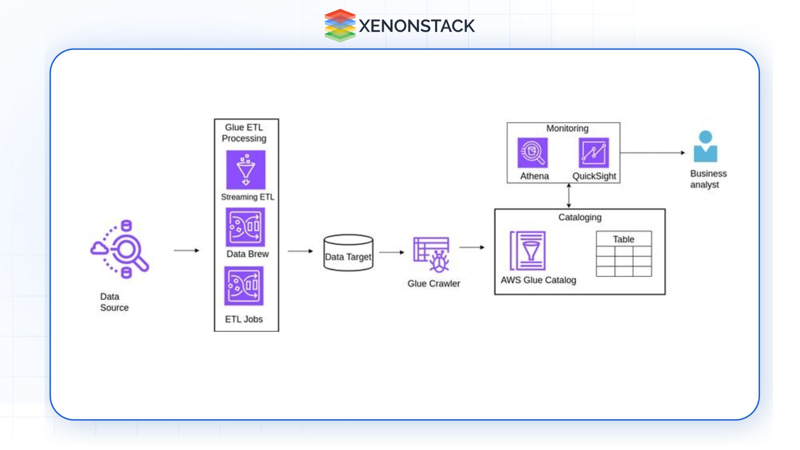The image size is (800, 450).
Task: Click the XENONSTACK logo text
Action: (x=416, y=26)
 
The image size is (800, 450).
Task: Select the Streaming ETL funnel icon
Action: (x=246, y=170)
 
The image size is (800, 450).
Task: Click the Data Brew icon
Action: (x=245, y=227)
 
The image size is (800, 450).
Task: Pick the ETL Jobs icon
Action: (x=244, y=286)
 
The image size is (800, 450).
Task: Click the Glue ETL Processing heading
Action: (x=244, y=132)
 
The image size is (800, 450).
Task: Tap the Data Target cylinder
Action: (x=348, y=253)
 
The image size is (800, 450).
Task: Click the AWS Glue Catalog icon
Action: (x=528, y=251)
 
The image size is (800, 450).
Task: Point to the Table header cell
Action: (x=624, y=239)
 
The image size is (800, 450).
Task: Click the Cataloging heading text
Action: (x=580, y=217)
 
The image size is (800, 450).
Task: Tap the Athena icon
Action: (x=532, y=153)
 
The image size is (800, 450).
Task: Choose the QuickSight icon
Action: (x=594, y=153)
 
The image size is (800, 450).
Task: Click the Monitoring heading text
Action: (x=567, y=128)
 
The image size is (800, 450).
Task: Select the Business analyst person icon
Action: (x=705, y=147)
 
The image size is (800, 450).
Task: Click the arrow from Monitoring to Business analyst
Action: (x=652, y=153)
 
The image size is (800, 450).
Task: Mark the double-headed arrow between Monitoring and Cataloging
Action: (x=569, y=196)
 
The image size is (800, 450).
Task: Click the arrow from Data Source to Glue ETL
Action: (x=187, y=250)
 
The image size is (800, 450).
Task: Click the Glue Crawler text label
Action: (x=434, y=283)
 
